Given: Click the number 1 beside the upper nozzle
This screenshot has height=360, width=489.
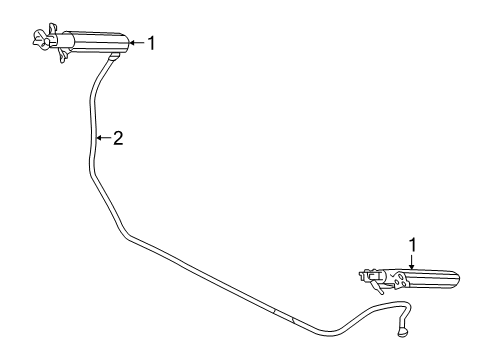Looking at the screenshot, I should (x=152, y=43).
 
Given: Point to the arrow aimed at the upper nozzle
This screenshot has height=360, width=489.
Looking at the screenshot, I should (x=138, y=43).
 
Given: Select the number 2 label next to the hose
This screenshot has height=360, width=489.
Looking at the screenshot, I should (x=117, y=138).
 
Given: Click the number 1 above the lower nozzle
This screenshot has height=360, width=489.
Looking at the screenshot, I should (x=410, y=243).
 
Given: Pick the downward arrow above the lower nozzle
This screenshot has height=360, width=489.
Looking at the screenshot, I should (x=410, y=259).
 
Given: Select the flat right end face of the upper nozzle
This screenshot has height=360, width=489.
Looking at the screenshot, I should (x=128, y=43).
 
